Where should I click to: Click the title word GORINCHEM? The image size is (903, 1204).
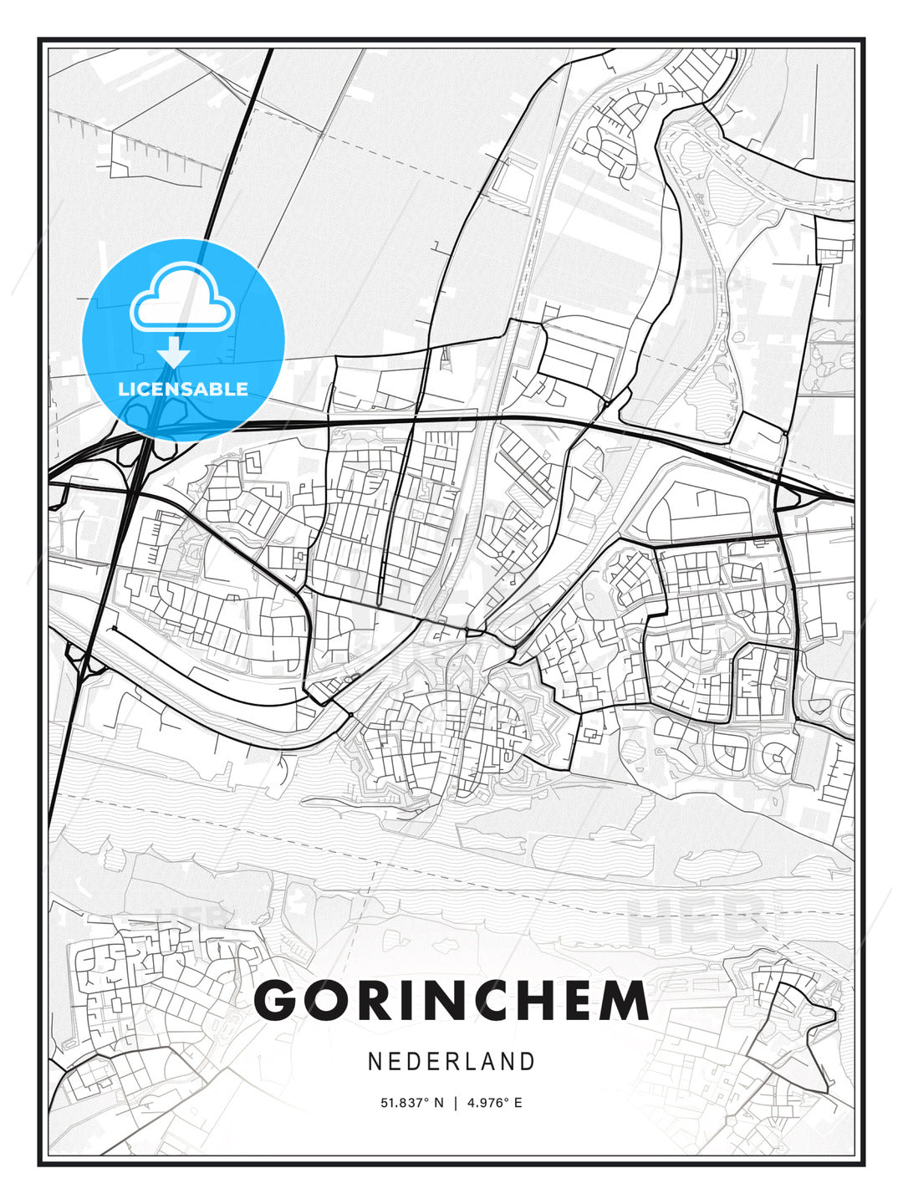(451, 1000)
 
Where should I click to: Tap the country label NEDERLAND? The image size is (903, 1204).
(451, 1061)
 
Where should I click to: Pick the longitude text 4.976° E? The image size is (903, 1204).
(495, 1103)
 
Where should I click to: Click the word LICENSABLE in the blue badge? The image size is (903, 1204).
(183, 389)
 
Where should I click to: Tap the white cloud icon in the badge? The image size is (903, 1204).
(181, 299)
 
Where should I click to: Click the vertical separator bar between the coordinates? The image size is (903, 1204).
(456, 1103)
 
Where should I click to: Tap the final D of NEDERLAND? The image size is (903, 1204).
(527, 1061)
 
